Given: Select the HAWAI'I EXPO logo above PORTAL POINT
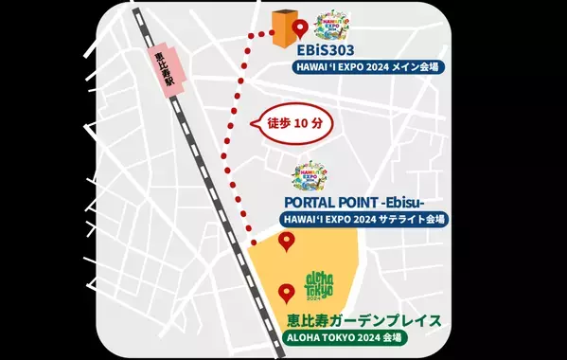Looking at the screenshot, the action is pos(310,176).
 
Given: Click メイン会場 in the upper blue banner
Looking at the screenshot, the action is pos(416,67).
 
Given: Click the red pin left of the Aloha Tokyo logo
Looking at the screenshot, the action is pos(285,293).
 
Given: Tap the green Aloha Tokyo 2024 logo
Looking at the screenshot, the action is pos(326,284).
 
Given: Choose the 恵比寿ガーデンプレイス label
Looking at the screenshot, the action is pos(363,319).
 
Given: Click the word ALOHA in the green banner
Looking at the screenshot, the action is pos(309,336).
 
